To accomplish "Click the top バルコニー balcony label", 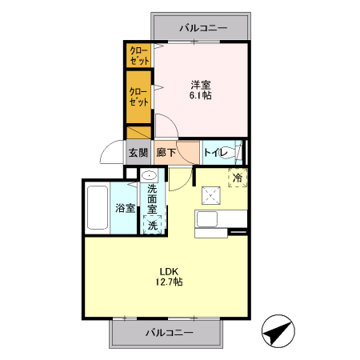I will click(x=203, y=27).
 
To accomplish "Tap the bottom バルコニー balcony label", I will click(x=170, y=331).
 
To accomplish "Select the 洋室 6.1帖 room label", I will click(x=200, y=89).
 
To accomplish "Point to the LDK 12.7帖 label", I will click(x=170, y=275).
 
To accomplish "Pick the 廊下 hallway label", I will click(x=166, y=153).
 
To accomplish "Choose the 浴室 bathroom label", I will click(x=124, y=208).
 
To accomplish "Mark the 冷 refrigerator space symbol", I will click(x=238, y=178).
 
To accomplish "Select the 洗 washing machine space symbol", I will click(x=152, y=225).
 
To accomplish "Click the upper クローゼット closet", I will click(x=141, y=55).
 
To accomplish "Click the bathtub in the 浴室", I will click(x=98, y=209).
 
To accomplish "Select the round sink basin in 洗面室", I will click(x=150, y=174).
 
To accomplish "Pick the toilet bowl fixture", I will click(x=238, y=151).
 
